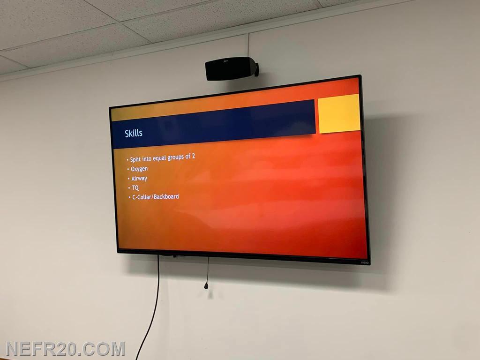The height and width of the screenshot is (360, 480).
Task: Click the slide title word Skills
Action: click(134, 133)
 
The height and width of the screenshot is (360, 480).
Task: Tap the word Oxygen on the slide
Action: click(139, 169)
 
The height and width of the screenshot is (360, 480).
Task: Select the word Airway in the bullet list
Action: click(139, 179)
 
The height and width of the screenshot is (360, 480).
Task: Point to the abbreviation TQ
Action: click(135, 187)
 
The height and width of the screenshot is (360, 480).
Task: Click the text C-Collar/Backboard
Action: click(156, 197)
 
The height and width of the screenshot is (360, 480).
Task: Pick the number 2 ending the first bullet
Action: click(193, 156)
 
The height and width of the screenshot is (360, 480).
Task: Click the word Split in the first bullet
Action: click(135, 159)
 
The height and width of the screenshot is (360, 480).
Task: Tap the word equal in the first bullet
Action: click(159, 158)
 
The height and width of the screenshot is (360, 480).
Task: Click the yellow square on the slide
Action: click(339, 113)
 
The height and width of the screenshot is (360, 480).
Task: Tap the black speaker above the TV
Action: click(232, 68)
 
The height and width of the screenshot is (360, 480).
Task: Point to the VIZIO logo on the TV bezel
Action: click(364, 262)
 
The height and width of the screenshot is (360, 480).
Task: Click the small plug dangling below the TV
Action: click(206, 286)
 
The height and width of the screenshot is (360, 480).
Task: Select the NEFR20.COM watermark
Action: click(65, 349)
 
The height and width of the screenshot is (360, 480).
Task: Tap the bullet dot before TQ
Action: click(129, 188)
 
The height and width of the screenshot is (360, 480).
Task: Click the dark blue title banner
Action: click(213, 124)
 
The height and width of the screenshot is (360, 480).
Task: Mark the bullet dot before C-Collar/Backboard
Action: click(130, 198)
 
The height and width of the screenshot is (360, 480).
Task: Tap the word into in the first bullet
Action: click(147, 158)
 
